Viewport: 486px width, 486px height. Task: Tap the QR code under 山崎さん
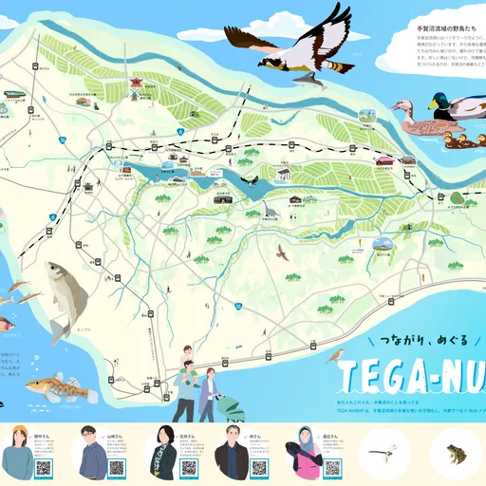click(x=116, y=467)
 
